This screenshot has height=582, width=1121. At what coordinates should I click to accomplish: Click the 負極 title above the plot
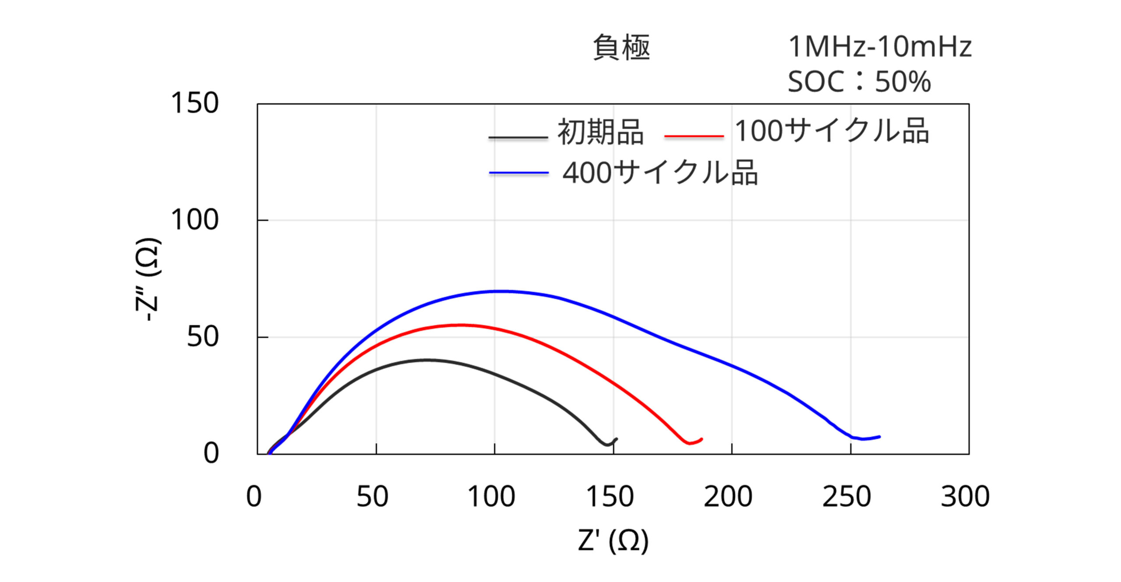[x=621, y=47]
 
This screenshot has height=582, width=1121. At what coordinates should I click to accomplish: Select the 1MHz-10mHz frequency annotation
[x=880, y=47]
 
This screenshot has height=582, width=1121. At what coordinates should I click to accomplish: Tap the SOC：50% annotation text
[x=859, y=82]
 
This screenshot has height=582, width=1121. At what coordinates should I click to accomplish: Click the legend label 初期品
[x=600, y=132]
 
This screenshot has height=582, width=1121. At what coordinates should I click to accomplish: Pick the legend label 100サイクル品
[x=832, y=131]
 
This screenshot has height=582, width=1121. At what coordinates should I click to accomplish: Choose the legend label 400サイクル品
[x=660, y=173]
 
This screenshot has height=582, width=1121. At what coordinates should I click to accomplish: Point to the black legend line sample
[x=518, y=138]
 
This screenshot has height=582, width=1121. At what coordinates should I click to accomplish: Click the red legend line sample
[x=694, y=137]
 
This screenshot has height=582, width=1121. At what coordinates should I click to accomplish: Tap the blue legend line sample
[x=519, y=173]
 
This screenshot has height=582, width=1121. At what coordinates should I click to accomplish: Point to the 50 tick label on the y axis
[x=203, y=337]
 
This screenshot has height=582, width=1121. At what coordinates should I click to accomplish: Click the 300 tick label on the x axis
[x=965, y=497]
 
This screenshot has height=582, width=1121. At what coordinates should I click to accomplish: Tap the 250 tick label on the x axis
[x=846, y=497]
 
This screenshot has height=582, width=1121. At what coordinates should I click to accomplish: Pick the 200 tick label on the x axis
[x=728, y=497]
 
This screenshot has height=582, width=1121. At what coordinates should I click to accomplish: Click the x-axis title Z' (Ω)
[x=613, y=540]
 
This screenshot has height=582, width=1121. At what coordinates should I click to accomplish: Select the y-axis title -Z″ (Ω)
[x=148, y=280]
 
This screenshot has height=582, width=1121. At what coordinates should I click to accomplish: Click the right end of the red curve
[x=702, y=439]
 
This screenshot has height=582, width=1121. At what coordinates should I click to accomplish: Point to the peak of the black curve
[x=427, y=360]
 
